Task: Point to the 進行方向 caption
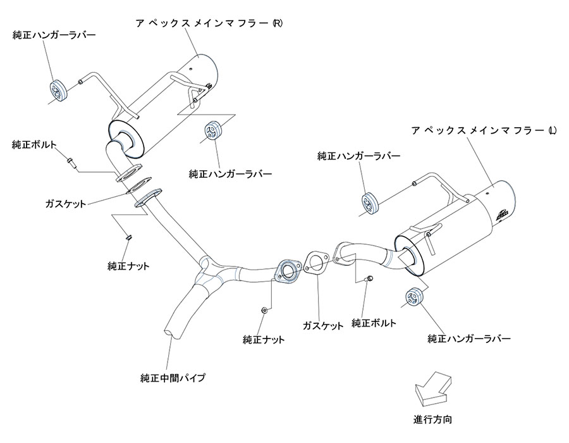pyautogui.click(x=432, y=419)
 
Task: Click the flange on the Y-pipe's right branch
pyautogui.click(x=287, y=271)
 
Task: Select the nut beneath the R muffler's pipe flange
pyautogui.click(x=128, y=237)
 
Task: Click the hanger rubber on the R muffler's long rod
pyautogui.click(x=58, y=90)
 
